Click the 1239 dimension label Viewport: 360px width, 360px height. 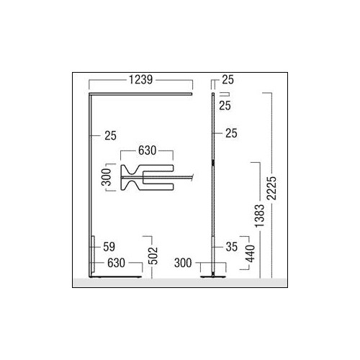[140, 80]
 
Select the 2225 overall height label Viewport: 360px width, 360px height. [272, 188]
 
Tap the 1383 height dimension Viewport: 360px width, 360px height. [259, 216]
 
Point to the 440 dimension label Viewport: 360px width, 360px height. [250, 253]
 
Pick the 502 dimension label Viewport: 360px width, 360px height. [153, 256]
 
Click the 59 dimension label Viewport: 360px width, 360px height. [109, 247]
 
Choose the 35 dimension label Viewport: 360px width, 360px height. [232, 247]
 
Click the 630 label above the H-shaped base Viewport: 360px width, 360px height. [148, 150]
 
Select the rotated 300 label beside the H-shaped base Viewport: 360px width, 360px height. [107, 177]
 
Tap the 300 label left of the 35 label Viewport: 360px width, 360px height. [183, 263]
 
